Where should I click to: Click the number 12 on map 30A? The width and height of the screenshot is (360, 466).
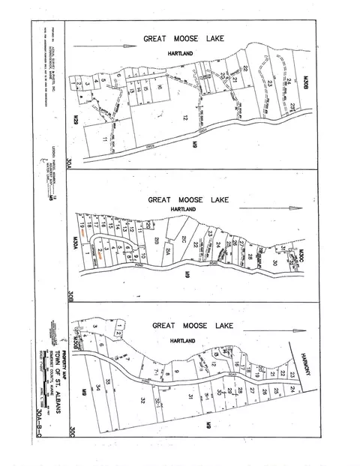[x=183, y=118]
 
